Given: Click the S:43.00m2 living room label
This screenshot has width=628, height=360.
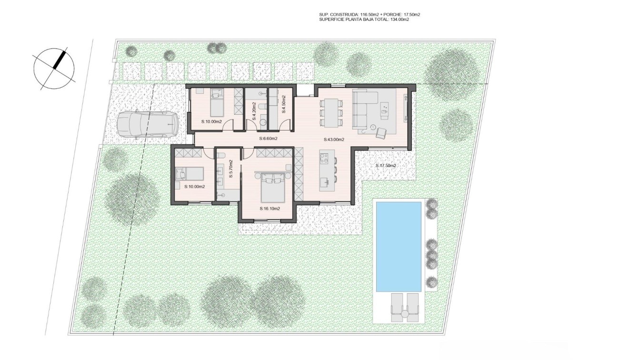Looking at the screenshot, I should [334, 140].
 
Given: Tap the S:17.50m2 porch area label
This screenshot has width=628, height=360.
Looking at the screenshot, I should [385, 166].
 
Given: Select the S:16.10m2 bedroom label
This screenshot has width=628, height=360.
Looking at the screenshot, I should [269, 209].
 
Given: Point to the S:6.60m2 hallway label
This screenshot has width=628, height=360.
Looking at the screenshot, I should [268, 139].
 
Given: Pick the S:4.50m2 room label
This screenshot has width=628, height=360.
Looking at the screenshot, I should [283, 104].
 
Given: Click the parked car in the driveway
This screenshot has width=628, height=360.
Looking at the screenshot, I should [148, 124].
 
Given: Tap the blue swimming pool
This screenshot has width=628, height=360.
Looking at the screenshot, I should [399, 246].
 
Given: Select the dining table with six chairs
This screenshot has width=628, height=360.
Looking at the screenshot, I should [331, 112].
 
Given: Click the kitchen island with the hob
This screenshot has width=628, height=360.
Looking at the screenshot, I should [327, 170].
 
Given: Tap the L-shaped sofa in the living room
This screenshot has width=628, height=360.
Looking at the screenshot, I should [365, 108].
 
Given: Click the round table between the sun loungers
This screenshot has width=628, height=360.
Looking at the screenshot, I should [405, 314].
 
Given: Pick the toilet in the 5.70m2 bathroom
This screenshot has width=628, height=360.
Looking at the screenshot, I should [221, 155].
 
